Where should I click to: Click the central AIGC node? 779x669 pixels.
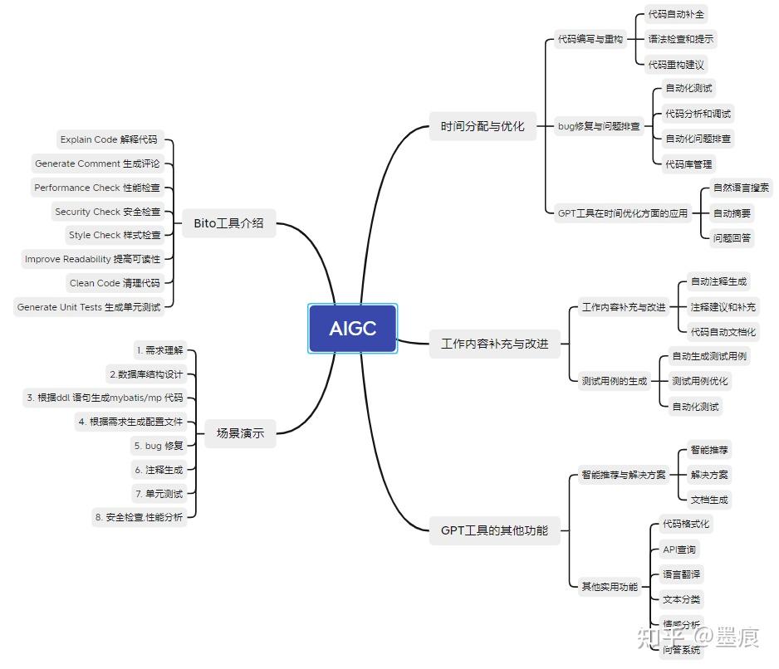352,329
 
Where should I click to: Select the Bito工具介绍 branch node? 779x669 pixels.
228,222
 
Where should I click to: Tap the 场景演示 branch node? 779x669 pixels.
240,432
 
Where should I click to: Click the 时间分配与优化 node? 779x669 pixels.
482,126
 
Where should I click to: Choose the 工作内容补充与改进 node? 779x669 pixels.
494,344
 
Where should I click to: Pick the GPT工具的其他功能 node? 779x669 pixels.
493,530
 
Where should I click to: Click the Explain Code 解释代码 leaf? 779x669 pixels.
108,139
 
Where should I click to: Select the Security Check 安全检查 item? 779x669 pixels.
107,212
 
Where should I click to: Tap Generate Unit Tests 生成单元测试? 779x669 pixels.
88,307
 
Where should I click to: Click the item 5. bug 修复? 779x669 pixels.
158,446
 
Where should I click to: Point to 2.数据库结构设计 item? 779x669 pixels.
145,374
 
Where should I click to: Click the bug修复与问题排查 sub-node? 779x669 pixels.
599,126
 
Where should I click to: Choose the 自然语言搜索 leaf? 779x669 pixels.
741,188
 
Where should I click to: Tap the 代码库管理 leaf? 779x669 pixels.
688,164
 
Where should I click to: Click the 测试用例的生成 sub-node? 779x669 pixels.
613,381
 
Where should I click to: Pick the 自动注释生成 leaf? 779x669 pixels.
718,282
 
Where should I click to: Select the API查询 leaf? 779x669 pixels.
679,549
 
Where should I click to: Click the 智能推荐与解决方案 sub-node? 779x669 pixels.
623,475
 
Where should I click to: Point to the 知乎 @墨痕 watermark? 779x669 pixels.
697,637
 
